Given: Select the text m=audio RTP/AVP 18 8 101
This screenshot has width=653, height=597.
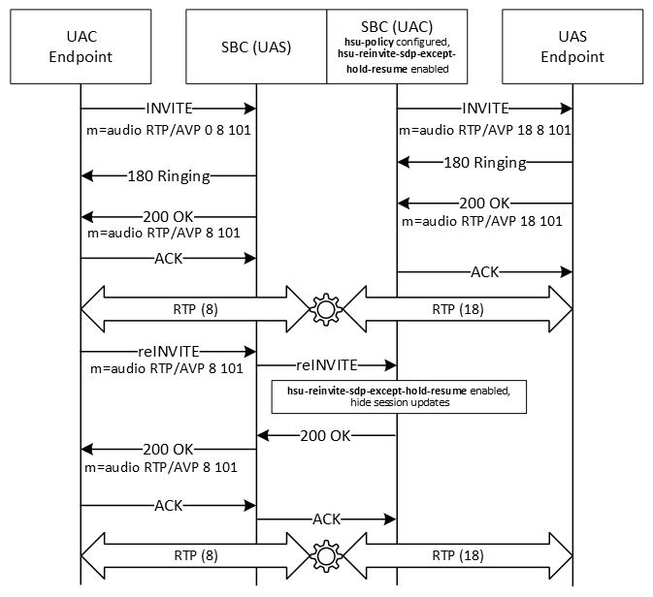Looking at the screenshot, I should point(484,128).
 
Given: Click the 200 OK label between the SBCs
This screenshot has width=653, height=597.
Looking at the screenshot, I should point(325,435).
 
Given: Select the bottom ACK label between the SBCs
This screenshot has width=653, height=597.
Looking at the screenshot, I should point(326,519).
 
